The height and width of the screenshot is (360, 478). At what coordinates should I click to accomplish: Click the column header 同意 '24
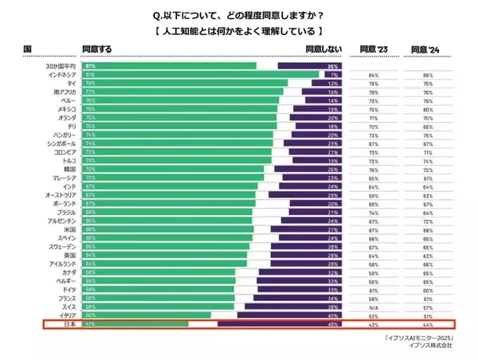tap(425, 49)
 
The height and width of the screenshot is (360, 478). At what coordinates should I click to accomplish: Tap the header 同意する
tap(96, 49)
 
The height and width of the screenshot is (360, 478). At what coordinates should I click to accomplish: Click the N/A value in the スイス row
tap(373, 307)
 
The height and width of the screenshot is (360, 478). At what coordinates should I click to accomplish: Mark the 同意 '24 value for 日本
tap(429, 324)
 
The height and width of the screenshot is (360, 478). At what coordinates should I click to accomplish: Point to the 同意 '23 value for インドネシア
tap(373, 75)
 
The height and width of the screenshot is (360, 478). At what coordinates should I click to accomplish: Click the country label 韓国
tap(70, 169)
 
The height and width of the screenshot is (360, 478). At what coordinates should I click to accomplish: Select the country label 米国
tap(70, 229)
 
